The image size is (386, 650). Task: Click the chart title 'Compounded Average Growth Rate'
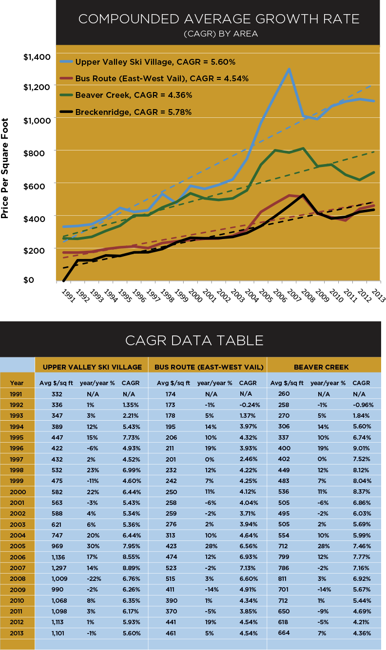(219, 19)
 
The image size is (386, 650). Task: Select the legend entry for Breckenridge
(133, 112)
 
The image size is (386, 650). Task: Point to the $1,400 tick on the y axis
(37, 57)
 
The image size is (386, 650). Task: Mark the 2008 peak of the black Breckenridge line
(303, 195)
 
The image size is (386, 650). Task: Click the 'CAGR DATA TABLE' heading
(194, 339)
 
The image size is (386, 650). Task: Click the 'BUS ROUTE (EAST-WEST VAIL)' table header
(209, 367)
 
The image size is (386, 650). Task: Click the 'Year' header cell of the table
(17, 383)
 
